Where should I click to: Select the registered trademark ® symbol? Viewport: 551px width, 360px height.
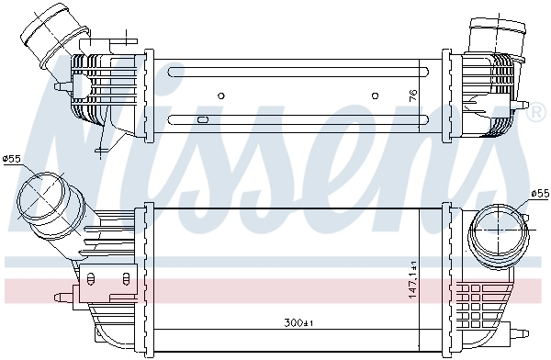535,113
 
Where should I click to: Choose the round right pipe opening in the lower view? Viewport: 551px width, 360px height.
497,232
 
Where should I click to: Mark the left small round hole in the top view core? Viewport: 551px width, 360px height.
222,95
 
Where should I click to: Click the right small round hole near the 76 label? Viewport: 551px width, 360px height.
374,95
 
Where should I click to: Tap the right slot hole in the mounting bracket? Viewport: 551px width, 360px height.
118,276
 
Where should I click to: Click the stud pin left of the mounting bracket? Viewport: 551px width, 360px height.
62,296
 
